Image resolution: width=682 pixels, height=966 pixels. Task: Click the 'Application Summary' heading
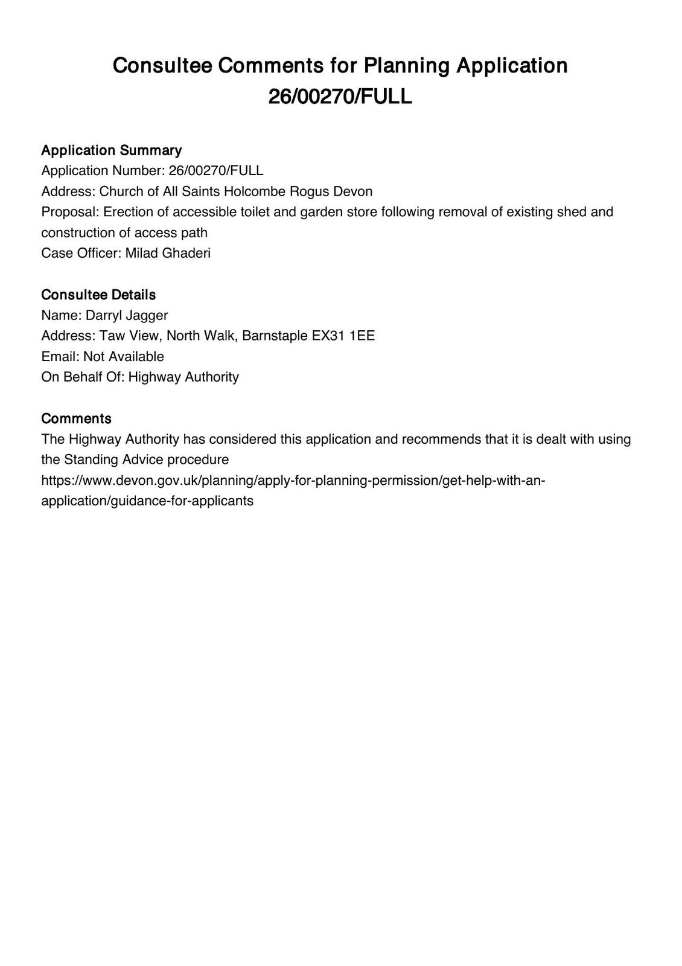111,150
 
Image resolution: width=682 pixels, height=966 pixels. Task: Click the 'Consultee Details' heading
98,295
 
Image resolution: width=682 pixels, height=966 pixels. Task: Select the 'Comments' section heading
76,418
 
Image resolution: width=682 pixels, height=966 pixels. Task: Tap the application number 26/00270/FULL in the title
340,97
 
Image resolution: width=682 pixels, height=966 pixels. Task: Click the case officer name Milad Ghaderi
168,253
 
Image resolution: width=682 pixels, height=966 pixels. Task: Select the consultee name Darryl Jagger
127,315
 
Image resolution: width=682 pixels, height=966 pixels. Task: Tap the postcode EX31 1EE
343,336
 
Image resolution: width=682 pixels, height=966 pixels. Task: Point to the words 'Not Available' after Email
124,356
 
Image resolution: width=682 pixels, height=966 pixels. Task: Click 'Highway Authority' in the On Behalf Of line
183,377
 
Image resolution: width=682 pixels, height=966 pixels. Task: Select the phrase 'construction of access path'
124,232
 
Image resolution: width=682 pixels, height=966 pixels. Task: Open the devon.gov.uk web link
293,481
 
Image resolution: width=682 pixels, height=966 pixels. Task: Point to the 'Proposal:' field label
70,212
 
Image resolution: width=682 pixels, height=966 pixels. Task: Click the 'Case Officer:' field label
81,253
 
